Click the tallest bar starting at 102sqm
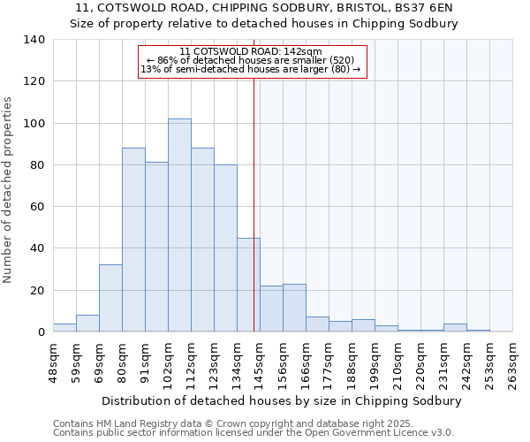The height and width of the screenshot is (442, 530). [179, 225]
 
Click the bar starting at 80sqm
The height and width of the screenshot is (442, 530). [133, 240]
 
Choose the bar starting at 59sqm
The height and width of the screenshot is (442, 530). [87, 324]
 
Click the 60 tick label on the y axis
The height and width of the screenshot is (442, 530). [36, 207]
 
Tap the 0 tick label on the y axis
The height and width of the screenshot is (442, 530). [40, 332]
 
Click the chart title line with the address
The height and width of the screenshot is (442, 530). [264, 8]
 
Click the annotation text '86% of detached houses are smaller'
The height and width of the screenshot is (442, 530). [251, 60]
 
